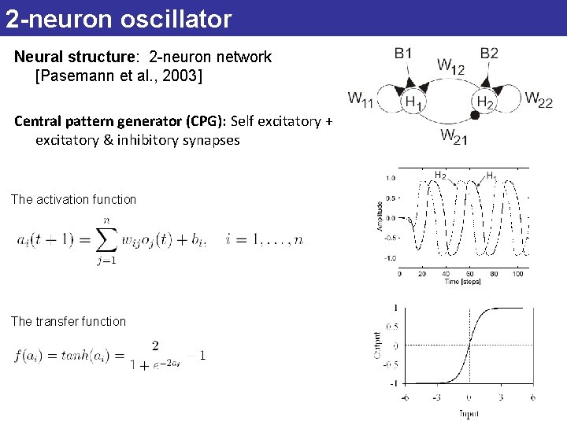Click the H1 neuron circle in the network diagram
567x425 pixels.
pos(411,102)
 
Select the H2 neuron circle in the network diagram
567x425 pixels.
pos(485,102)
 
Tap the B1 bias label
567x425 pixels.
pos(402,54)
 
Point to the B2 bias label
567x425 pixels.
pos(489,54)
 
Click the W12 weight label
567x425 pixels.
pos(450,67)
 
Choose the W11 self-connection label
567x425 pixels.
pos(361,100)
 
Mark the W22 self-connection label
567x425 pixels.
pos(539,100)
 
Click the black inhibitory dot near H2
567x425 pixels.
pos(475,116)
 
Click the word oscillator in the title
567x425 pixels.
pos(176,19)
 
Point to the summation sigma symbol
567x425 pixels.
pos(109,238)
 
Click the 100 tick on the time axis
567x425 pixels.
pos(517,274)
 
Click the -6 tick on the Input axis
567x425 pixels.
pos(403,398)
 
